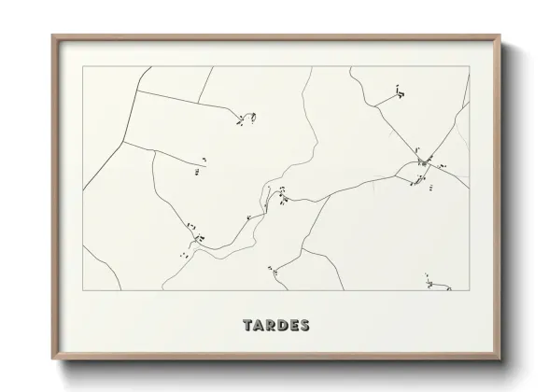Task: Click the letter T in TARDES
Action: pyautogui.click(x=246, y=327)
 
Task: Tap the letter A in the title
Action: pyautogui.click(x=260, y=327)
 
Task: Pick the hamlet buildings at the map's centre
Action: pyautogui.click(x=279, y=196)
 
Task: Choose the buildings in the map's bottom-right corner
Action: pyautogui.click(x=429, y=282)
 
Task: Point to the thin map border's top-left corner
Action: pyautogui.click(x=83, y=66)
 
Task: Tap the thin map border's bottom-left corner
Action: pyautogui.click(x=83, y=290)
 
